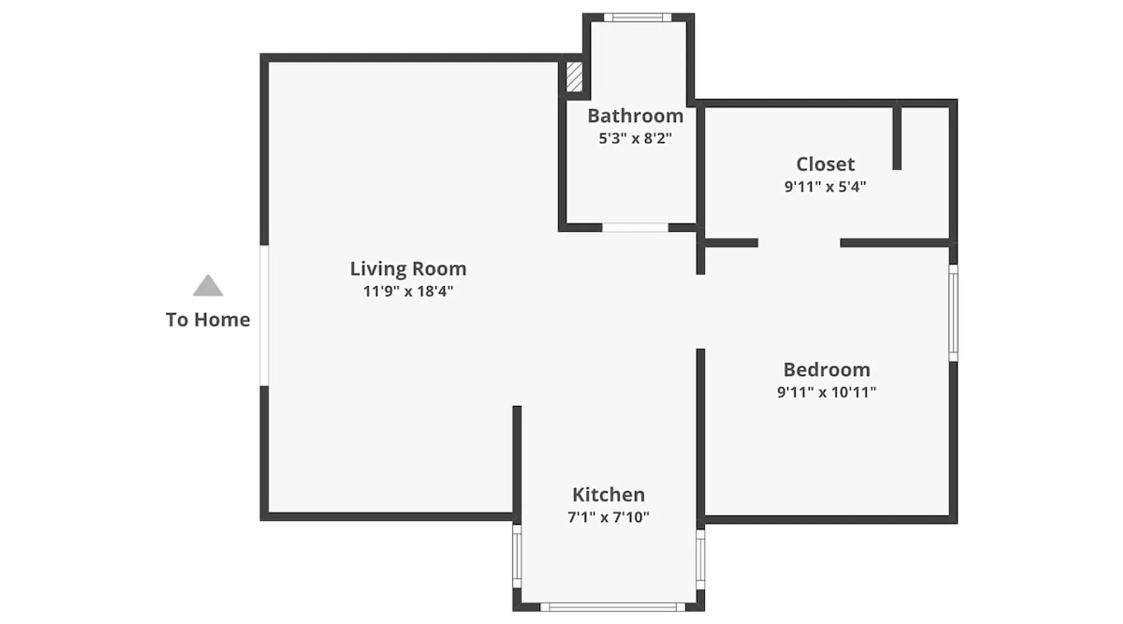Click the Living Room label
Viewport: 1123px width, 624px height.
click(408, 269)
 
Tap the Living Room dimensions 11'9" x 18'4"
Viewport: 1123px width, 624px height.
click(408, 291)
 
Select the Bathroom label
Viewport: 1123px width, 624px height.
click(635, 116)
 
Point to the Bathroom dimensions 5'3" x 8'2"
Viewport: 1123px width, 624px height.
click(635, 139)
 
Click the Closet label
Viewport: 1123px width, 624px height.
click(825, 164)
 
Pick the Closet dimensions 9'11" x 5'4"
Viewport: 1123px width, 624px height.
click(825, 187)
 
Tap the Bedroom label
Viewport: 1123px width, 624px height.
click(827, 369)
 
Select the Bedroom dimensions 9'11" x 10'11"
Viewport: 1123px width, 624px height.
click(827, 392)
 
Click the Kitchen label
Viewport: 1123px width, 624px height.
click(608, 495)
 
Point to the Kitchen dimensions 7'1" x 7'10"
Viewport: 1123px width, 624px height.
click(608, 517)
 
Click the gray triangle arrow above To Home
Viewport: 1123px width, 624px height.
click(208, 286)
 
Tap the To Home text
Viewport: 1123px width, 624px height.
click(208, 319)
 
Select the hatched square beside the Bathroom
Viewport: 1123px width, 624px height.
click(574, 77)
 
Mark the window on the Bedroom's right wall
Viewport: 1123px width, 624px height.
click(953, 313)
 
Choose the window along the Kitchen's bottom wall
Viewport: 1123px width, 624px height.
click(613, 607)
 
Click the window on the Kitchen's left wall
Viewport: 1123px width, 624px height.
click(517, 556)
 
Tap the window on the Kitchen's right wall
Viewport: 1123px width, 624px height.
click(701, 560)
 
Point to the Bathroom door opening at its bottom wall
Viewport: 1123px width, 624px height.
click(635, 228)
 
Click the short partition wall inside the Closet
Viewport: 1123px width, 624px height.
click(897, 138)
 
